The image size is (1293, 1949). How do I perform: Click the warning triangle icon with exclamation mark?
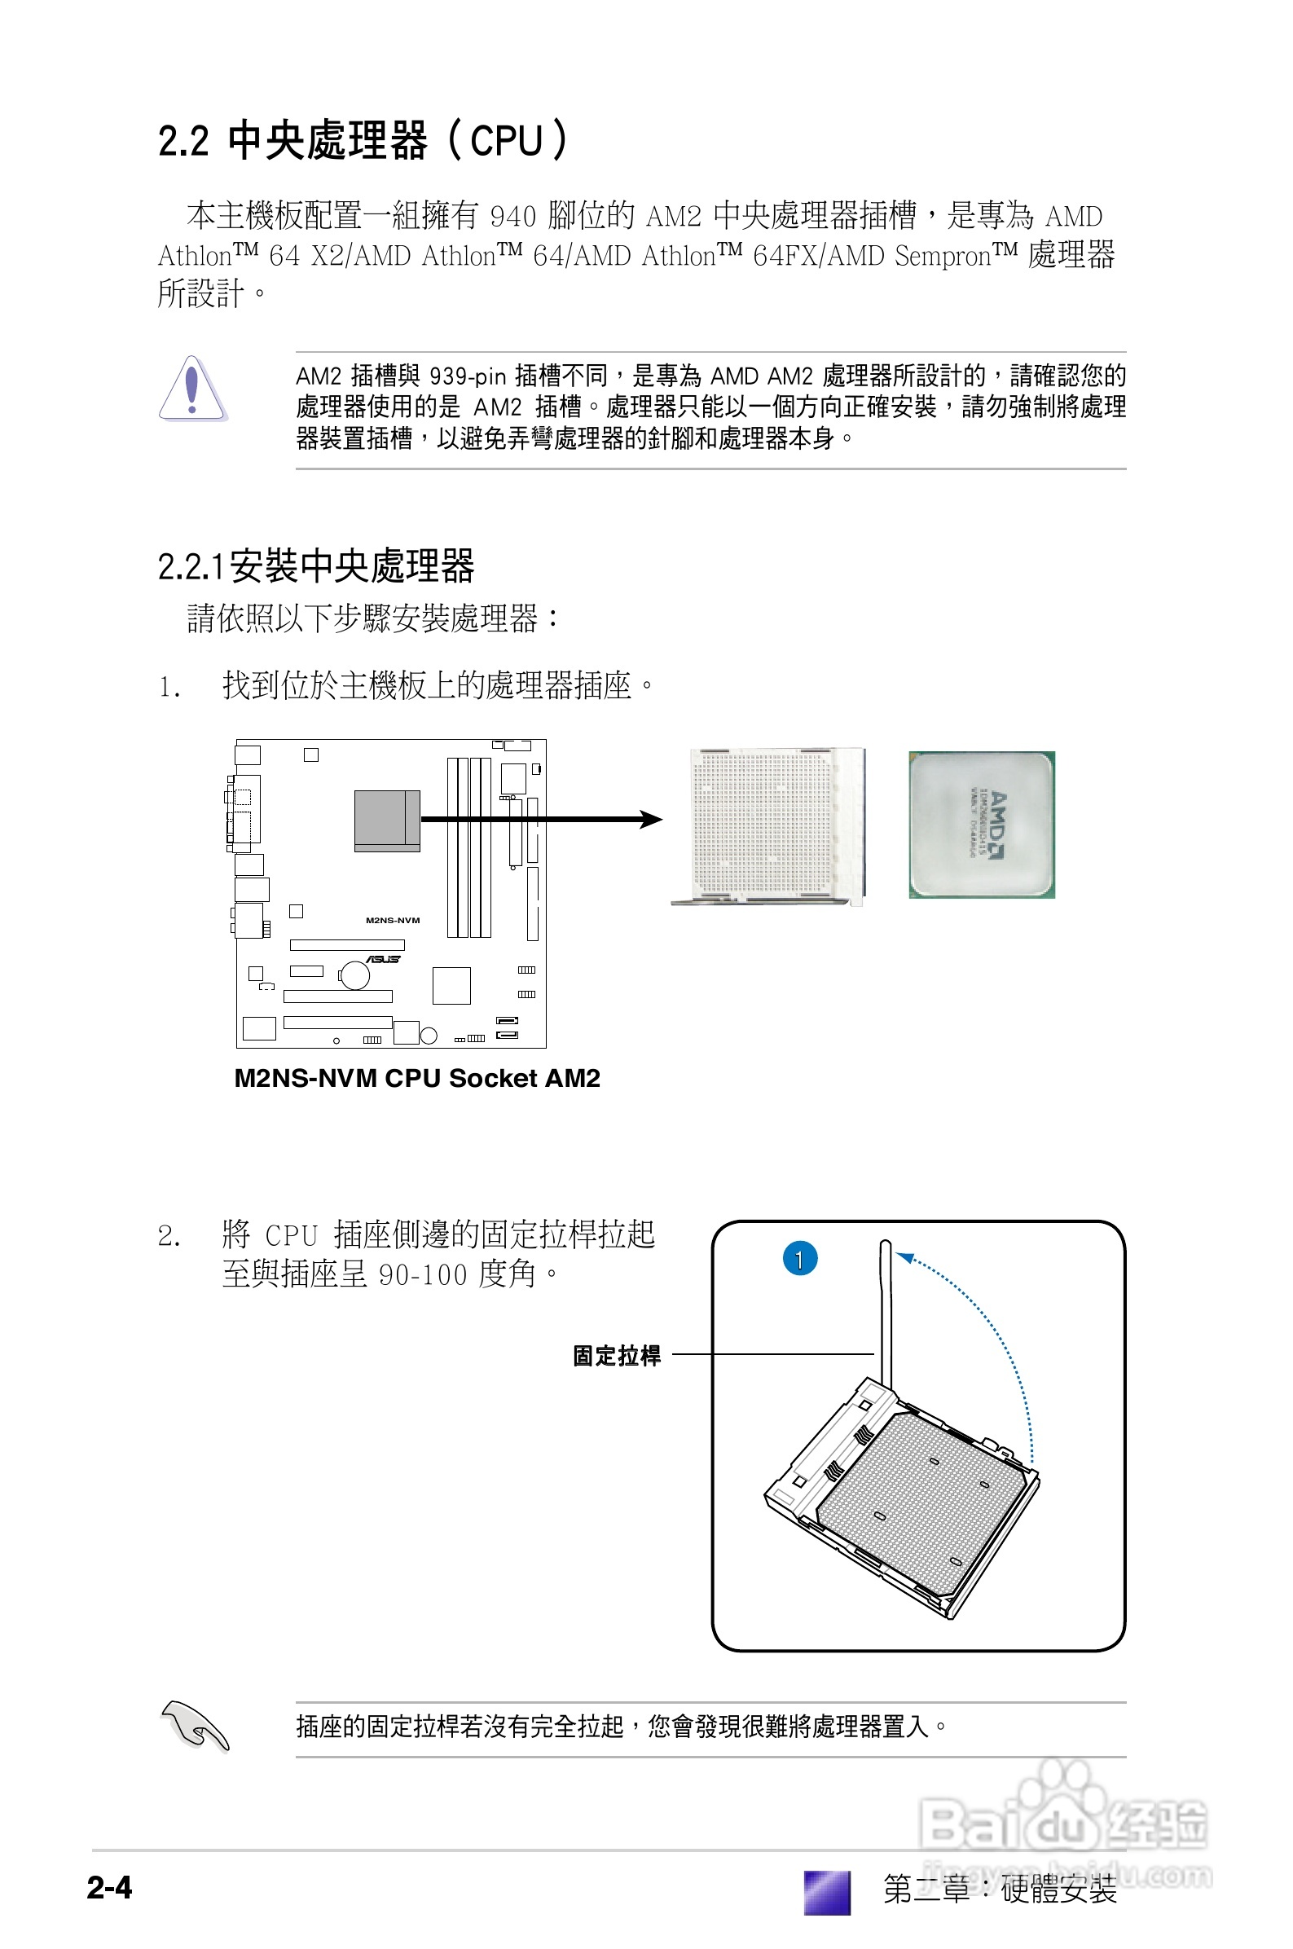[x=191, y=389]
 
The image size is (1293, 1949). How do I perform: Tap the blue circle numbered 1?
[x=799, y=1258]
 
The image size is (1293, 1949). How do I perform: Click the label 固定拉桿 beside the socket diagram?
[x=617, y=1355]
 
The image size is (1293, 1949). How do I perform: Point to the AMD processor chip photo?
[x=981, y=824]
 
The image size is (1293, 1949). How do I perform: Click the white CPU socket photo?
[x=771, y=825]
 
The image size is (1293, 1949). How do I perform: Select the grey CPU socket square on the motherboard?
[x=387, y=820]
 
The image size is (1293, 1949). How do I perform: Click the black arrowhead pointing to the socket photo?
[x=652, y=819]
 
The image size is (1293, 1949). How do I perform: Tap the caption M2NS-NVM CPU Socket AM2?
[x=416, y=1077]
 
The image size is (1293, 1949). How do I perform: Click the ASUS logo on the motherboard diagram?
[x=384, y=959]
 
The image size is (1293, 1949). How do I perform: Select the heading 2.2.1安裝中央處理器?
[x=316, y=566]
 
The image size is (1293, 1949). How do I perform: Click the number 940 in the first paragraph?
[x=513, y=217]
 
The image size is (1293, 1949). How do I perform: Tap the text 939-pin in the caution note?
[x=468, y=376]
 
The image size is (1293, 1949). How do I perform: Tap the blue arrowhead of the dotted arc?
[x=905, y=1256]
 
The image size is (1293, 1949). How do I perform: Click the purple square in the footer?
[x=826, y=1890]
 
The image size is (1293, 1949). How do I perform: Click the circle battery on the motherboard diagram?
[x=354, y=974]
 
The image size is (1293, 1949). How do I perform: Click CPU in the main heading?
[x=505, y=141]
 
